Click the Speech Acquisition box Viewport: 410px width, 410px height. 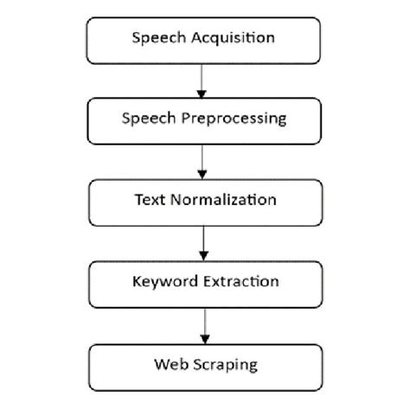coord(204,38)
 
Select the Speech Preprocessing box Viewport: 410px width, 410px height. coord(204,120)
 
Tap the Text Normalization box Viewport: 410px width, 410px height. coord(204,200)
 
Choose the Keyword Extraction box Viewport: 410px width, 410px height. coord(204,282)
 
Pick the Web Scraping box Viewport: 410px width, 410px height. coord(204,366)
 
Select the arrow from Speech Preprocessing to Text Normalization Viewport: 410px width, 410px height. coord(202,161)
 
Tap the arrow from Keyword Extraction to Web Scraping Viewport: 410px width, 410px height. coord(203,324)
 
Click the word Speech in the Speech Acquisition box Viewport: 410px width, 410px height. coord(157,38)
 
